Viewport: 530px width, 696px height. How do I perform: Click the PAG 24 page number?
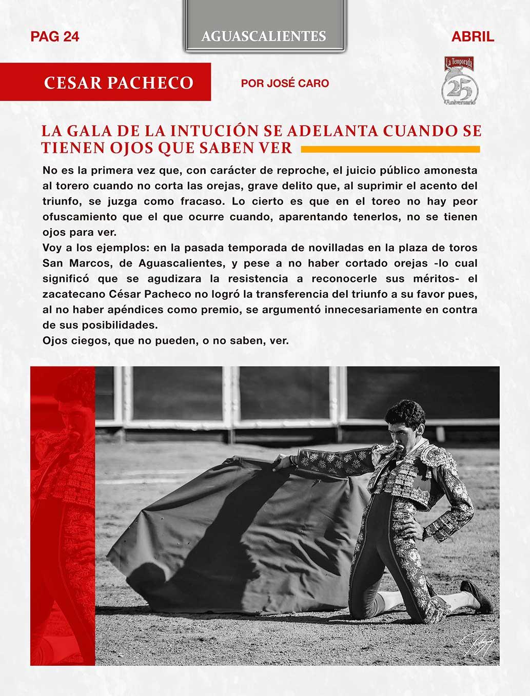[x=55, y=36]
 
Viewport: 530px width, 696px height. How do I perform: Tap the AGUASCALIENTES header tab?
[x=264, y=36]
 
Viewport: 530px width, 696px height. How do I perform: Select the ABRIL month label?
[x=473, y=36]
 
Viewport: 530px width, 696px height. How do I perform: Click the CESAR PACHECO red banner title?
[x=119, y=83]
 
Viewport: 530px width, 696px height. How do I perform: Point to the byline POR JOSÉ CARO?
[x=285, y=83]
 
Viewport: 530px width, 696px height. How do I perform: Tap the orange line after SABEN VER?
[x=390, y=149]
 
